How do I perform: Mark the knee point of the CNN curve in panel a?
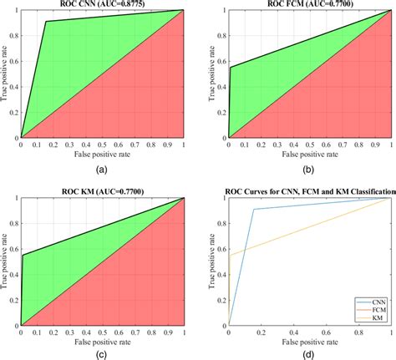pyautogui.click(x=46, y=22)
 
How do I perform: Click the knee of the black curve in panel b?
pyautogui.click(x=231, y=67)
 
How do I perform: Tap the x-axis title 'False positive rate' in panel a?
pyautogui.click(x=102, y=155)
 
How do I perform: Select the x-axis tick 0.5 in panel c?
pyautogui.click(x=102, y=332)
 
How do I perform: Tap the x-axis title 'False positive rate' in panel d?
pyautogui.click(x=311, y=341)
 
